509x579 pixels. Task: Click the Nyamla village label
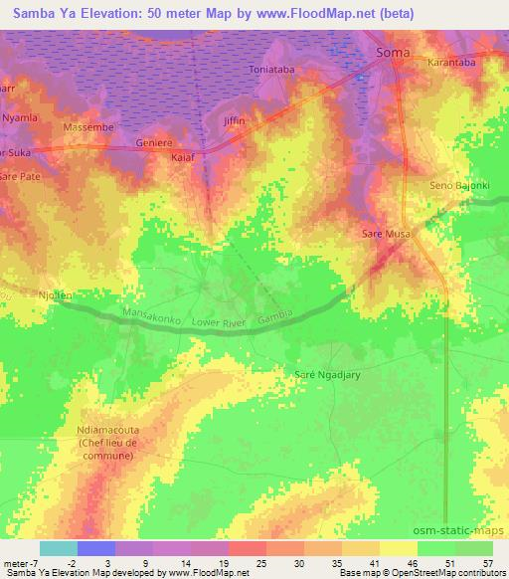tap(20, 117)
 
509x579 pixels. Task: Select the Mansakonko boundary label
tap(149, 316)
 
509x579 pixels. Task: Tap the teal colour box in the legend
tap(59, 548)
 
